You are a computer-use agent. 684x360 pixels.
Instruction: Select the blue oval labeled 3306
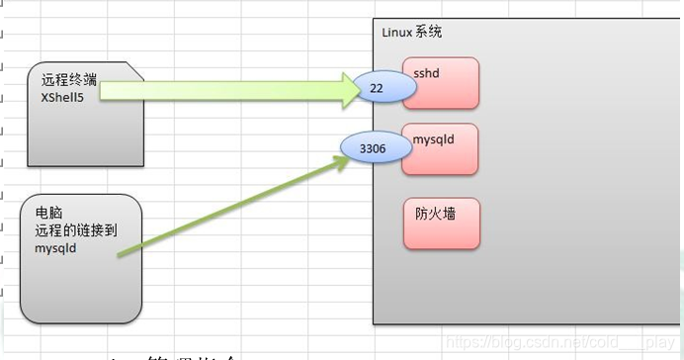(x=374, y=149)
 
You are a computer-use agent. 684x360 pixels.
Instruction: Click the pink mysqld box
(x=441, y=149)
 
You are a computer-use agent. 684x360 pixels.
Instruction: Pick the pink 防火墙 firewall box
(x=441, y=224)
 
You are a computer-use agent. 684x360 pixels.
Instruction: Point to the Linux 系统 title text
(x=411, y=33)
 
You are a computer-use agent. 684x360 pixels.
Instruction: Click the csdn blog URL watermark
(x=558, y=340)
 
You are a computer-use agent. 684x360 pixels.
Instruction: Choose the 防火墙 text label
(x=435, y=212)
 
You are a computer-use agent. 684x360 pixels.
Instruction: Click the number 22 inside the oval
(x=377, y=88)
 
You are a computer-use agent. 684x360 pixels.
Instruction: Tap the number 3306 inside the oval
(x=373, y=149)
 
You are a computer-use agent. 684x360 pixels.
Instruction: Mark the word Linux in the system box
(x=397, y=33)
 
